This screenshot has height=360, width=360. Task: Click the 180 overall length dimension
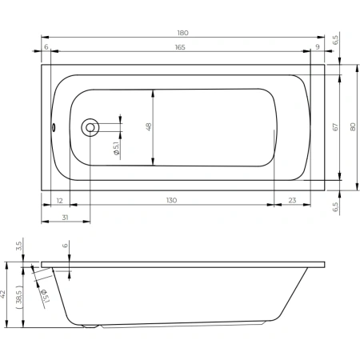(182, 33)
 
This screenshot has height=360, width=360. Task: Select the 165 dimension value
(180, 47)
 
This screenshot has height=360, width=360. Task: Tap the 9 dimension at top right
(318, 47)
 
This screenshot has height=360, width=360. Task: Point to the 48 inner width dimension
(149, 126)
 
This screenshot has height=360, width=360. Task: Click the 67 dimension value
(335, 127)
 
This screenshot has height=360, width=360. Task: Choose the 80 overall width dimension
(353, 127)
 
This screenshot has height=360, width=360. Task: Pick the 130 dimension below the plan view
(171, 200)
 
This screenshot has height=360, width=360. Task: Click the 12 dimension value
(60, 201)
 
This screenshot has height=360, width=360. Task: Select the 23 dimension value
(292, 200)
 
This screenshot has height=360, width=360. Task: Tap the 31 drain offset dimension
(65, 218)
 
